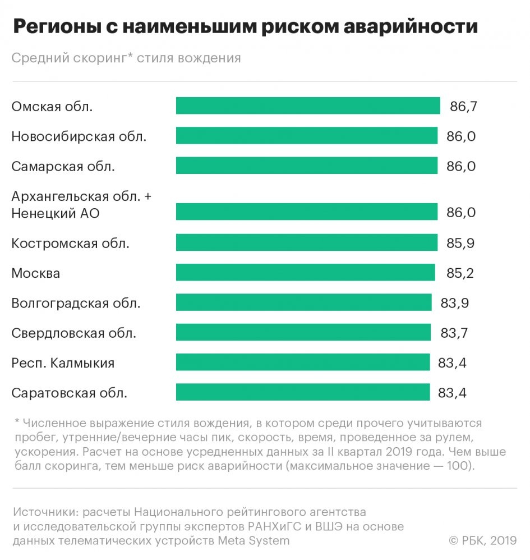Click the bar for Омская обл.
[x=307, y=105]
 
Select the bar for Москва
[x=305, y=273]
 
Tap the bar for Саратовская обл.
[x=303, y=392]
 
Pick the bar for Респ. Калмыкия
[x=303, y=362]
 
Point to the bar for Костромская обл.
[x=306, y=242]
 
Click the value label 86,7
[x=463, y=106]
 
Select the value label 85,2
[x=460, y=273]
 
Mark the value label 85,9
[x=462, y=243]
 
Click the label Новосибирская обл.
[x=79, y=136]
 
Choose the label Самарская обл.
[x=63, y=166]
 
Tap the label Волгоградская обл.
[x=76, y=304]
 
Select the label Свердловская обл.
[x=74, y=333]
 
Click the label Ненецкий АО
[x=56, y=213]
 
